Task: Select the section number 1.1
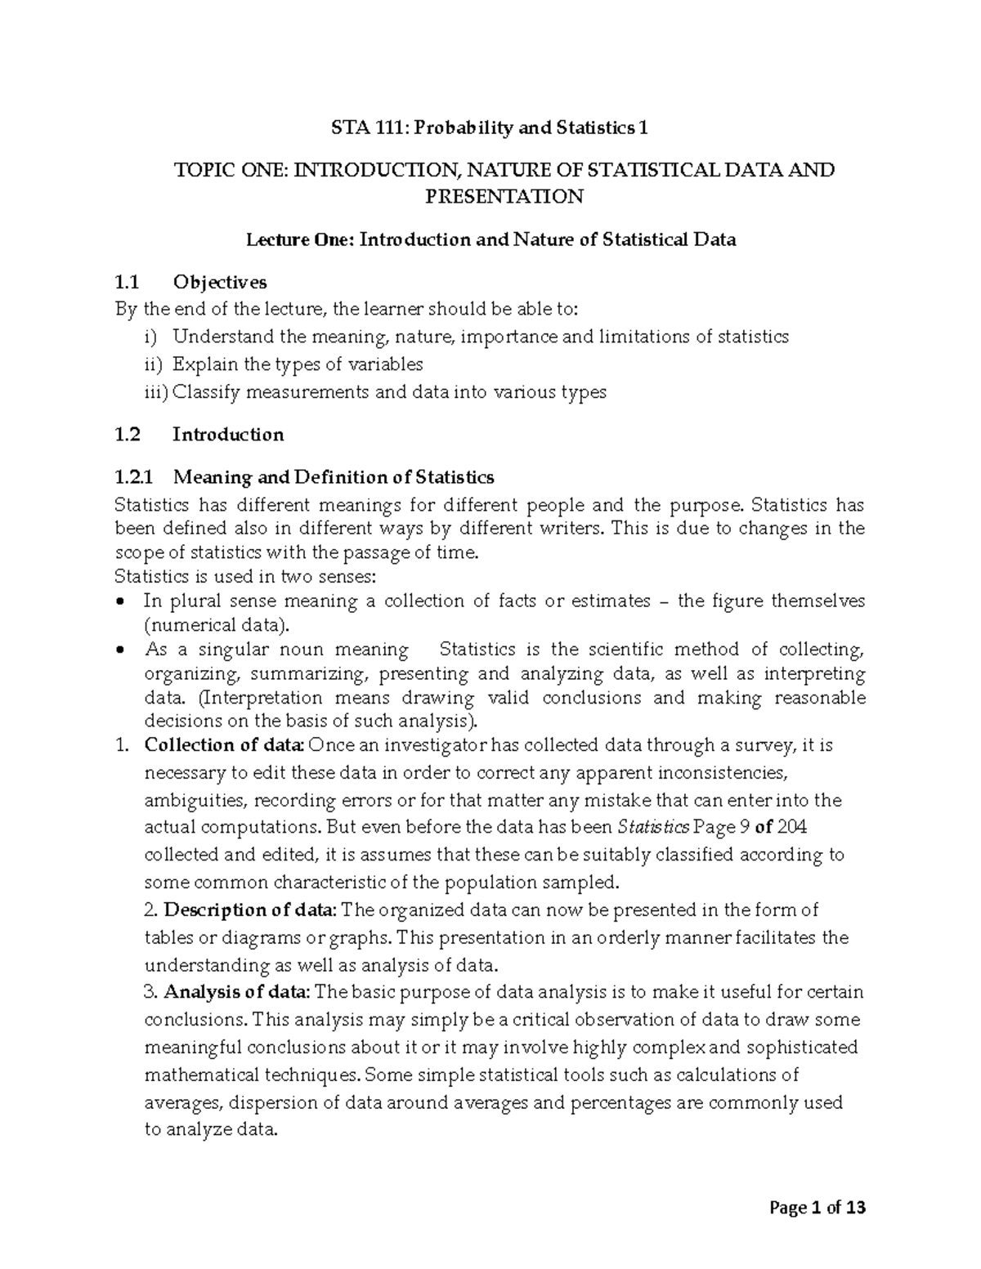(128, 282)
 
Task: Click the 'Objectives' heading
(219, 282)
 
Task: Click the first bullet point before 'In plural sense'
(122, 602)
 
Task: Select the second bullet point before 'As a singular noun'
(122, 650)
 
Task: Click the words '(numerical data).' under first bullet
(217, 626)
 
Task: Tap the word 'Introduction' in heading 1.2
(228, 434)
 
